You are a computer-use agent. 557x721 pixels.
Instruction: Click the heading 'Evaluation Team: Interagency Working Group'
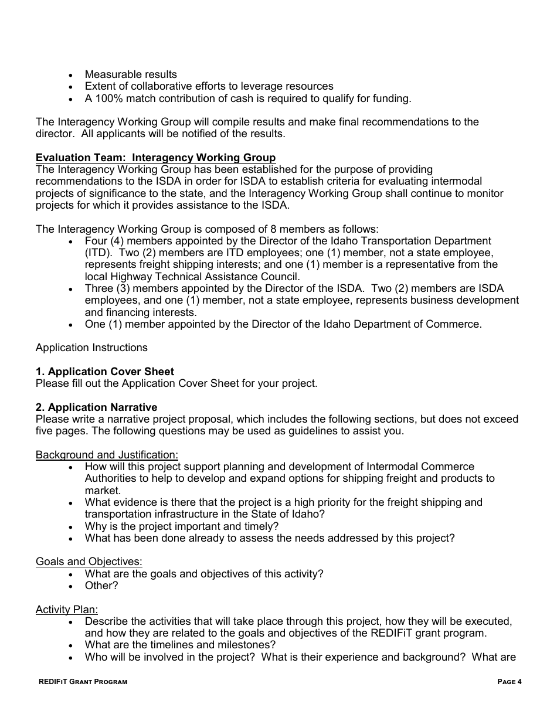tap(155, 158)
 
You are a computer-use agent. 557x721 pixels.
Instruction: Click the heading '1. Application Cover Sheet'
tap(105, 372)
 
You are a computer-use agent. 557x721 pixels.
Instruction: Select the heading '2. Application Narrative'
tap(96, 407)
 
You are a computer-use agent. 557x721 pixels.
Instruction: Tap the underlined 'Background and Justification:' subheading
tap(107, 455)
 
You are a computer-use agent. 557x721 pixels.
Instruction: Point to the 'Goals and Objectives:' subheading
tap(89, 562)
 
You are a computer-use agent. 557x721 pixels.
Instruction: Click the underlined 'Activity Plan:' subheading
tap(67, 610)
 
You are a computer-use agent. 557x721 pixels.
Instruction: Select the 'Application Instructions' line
tap(91, 348)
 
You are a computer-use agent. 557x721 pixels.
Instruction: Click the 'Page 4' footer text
tap(509, 682)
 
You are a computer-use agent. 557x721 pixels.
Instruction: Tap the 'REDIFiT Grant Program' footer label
tap(82, 682)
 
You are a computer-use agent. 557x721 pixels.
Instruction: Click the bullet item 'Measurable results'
tap(131, 74)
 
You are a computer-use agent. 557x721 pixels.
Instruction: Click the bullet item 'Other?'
tap(101, 586)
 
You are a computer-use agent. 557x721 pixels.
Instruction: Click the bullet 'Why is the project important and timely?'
tap(182, 526)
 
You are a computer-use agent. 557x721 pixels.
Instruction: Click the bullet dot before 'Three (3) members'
tap(71, 289)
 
